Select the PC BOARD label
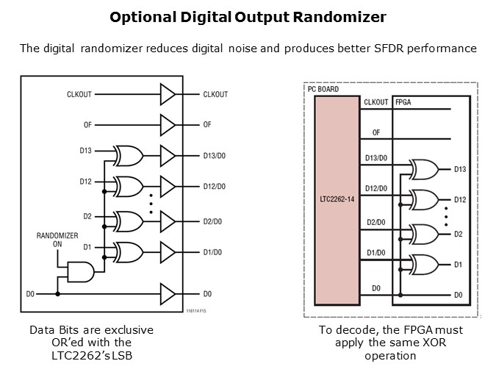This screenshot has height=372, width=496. pyautogui.click(x=322, y=89)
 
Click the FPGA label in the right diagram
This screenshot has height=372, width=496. pyautogui.click(x=403, y=101)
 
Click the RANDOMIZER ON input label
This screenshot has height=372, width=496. pyautogui.click(x=57, y=240)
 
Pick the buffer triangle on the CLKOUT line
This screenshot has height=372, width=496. pyautogui.click(x=168, y=94)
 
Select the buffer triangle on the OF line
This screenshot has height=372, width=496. pyautogui.click(x=168, y=124)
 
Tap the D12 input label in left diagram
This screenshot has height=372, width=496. pyautogui.click(x=86, y=181)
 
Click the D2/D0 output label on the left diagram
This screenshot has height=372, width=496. pyautogui.click(x=217, y=221)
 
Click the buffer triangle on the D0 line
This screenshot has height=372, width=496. pyautogui.click(x=168, y=294)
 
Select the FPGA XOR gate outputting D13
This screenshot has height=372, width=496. pyautogui.click(x=425, y=170)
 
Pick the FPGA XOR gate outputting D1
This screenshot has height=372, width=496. pyautogui.click(x=425, y=263)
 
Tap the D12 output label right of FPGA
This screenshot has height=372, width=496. pyautogui.click(x=460, y=200)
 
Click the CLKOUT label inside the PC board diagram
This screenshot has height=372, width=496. pyautogui.click(x=375, y=102)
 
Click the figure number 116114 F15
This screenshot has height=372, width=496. pyautogui.click(x=196, y=312)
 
